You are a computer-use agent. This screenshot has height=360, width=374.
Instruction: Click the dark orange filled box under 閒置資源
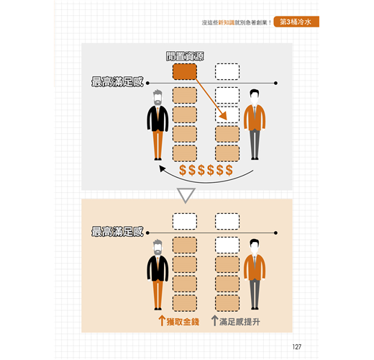(185, 71)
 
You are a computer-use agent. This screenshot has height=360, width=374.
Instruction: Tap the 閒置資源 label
(185, 56)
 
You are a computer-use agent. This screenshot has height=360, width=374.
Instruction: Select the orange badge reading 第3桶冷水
(296, 22)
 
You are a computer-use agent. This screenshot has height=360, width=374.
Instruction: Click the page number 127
(297, 346)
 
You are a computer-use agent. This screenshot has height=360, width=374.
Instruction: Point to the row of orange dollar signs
(206, 170)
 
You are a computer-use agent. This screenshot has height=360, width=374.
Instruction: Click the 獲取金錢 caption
(183, 322)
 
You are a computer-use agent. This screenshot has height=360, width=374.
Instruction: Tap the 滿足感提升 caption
(240, 322)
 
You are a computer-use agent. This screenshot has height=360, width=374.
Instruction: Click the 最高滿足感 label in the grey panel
(117, 82)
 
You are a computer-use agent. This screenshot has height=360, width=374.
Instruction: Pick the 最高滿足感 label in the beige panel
(117, 232)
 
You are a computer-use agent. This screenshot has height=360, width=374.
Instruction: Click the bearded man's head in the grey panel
(158, 97)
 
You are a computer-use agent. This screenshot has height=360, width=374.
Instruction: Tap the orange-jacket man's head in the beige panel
(254, 246)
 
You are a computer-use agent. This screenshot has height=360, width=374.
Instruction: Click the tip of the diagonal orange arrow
(227, 120)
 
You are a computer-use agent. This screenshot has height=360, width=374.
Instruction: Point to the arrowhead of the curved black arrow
(160, 166)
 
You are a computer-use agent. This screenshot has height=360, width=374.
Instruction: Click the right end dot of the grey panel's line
(275, 83)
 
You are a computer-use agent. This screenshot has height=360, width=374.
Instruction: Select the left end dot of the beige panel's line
(147, 233)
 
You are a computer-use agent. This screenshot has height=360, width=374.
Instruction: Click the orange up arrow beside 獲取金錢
(162, 320)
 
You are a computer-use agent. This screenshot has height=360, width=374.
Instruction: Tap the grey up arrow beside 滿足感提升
(214, 320)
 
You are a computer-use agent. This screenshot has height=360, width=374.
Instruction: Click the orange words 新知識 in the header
(226, 22)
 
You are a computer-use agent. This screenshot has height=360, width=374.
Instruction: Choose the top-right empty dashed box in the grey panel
(227, 71)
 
